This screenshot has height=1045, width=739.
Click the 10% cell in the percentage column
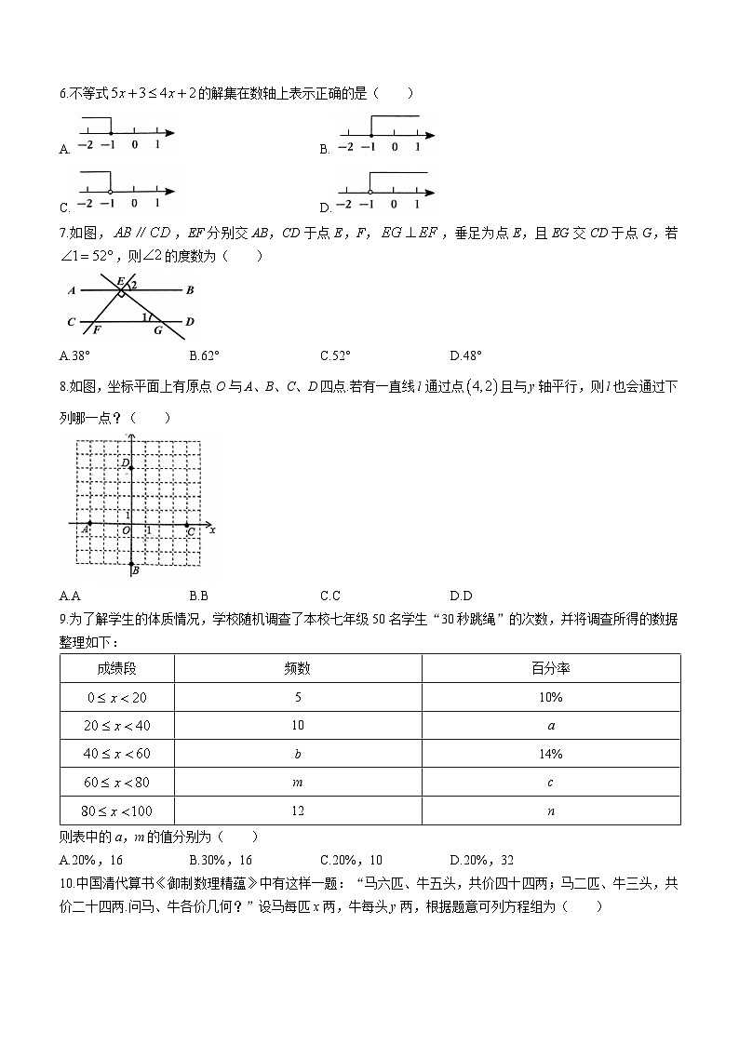[550, 697]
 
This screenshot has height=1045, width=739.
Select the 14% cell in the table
[550, 754]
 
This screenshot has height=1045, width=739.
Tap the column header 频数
[297, 668]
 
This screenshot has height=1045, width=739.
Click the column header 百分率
[550, 668]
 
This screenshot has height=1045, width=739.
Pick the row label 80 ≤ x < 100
[117, 811]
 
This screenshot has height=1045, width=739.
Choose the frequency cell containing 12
[297, 811]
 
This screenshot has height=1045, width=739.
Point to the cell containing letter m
[297, 783]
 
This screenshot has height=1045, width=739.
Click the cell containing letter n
[550, 811]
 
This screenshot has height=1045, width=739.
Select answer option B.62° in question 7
[204, 355]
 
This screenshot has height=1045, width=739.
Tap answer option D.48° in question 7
[465, 355]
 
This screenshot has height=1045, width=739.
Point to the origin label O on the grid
[125, 531]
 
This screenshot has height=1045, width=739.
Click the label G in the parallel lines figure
[157, 329]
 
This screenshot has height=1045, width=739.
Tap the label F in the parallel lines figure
[96, 329]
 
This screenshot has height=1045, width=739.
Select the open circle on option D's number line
[369, 192]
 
